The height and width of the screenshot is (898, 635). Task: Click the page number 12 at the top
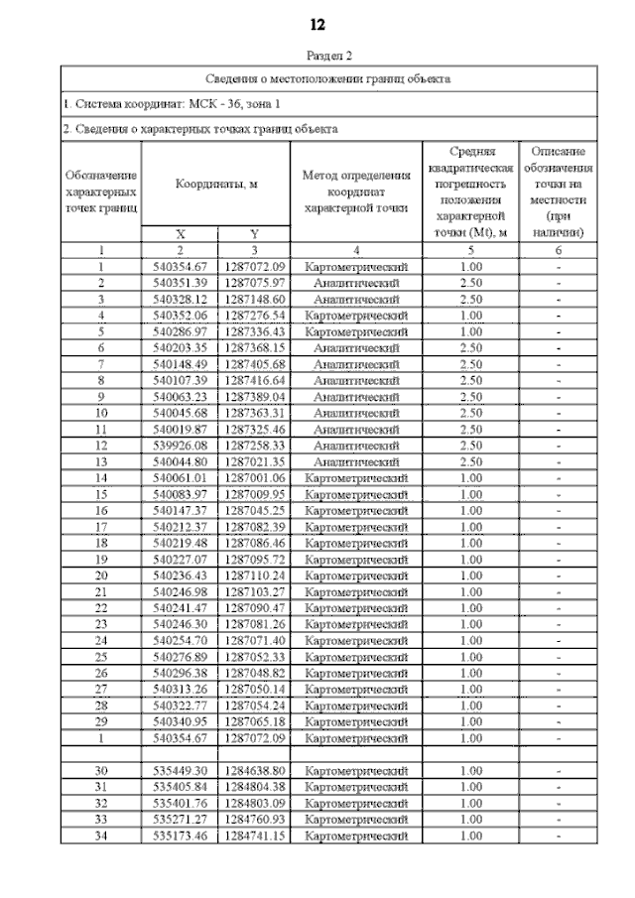[317, 25]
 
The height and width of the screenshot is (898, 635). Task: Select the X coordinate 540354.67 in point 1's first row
[181, 267]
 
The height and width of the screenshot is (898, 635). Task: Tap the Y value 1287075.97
[254, 283]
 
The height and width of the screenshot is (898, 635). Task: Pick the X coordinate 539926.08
[181, 446]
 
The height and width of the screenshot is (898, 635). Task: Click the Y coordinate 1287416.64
[254, 380]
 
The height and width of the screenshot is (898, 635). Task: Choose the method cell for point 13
[356, 461]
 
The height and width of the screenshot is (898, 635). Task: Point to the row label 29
[100, 721]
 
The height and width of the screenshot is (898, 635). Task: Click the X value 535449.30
[181, 770]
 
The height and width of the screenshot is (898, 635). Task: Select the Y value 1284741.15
[254, 835]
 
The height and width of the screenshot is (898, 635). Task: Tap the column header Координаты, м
[216, 185]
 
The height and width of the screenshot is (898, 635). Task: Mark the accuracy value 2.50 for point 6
[471, 347]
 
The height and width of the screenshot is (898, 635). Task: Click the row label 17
[100, 527]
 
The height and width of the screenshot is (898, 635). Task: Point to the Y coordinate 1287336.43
[254, 331]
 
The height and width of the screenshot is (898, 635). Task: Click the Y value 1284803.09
[254, 803]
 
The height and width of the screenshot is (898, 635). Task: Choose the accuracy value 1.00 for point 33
[471, 819]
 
